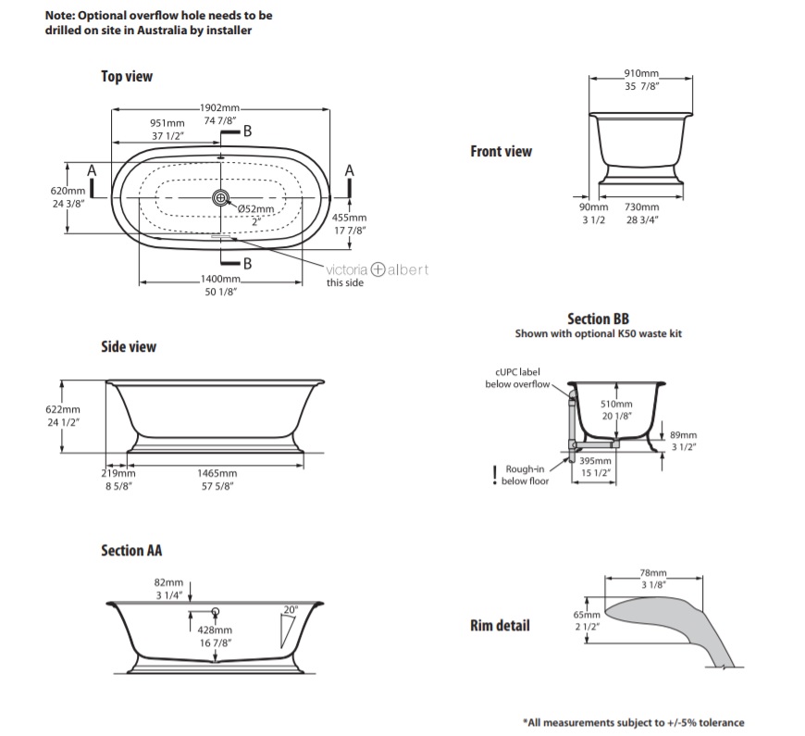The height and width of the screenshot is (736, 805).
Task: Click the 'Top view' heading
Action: (127, 77)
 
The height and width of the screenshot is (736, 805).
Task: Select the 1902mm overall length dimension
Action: (220, 109)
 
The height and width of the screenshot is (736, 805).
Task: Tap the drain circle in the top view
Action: (220, 196)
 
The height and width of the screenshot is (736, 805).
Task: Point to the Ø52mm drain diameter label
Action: (255, 209)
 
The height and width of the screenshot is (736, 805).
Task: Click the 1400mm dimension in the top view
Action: (220, 279)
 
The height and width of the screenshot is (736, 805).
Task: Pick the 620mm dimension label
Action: (68, 192)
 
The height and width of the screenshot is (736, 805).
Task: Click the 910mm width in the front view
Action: (641, 73)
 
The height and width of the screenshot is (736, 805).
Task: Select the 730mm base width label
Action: (641, 208)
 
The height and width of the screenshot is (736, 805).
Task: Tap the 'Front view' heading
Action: (501, 151)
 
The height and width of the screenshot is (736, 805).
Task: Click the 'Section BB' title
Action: (598, 318)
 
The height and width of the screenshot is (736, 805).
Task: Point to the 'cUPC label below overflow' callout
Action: (517, 378)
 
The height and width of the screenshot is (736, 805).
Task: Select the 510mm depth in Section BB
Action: (616, 405)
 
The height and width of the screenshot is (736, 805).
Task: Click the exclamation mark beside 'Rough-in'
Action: (495, 474)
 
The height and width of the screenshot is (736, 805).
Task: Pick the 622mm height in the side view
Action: (66, 409)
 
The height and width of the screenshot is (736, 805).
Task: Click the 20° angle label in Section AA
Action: (291, 609)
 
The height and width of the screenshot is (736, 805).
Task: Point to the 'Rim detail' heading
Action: (500, 625)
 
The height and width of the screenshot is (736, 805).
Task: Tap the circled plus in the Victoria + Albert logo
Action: (377, 269)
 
